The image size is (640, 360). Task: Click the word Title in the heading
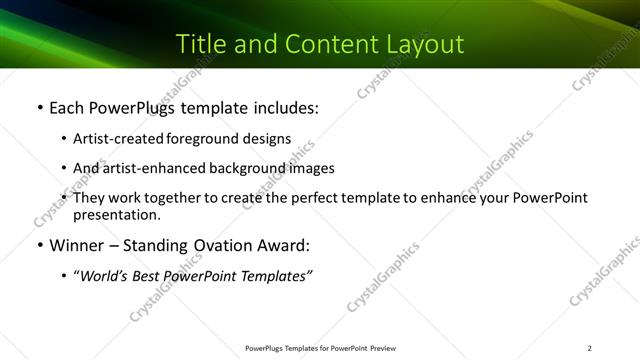(x=200, y=44)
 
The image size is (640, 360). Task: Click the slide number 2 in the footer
(x=590, y=348)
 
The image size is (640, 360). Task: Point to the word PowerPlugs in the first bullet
(x=128, y=107)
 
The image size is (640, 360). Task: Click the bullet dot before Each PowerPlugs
(x=39, y=107)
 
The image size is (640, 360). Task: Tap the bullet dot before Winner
(x=39, y=245)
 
